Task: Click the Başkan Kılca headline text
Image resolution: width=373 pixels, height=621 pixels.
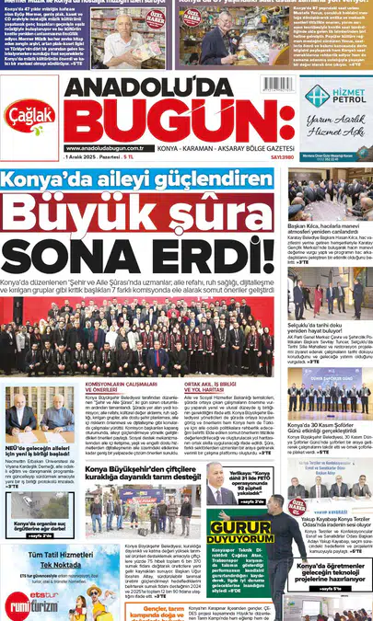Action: coord(326,224)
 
